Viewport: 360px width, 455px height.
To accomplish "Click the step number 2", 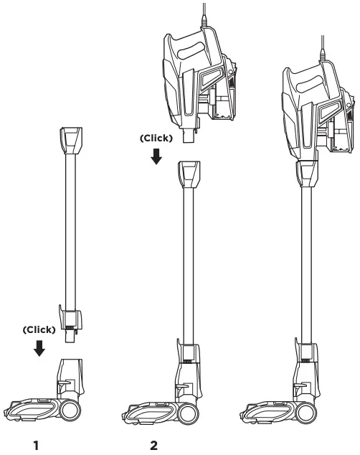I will [x=153, y=446].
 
